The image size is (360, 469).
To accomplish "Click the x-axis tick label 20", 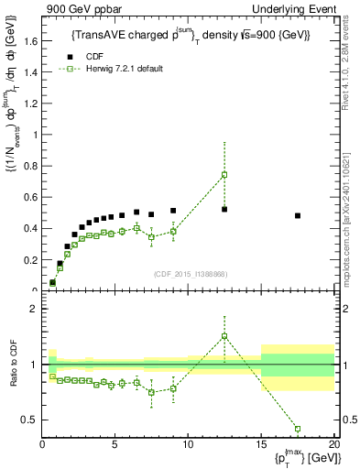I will click(333, 444).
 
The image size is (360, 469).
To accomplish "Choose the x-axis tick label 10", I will click(188, 444).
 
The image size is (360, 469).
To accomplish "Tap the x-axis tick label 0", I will click(43, 444).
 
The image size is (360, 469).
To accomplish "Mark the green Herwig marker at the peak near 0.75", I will click(224, 174).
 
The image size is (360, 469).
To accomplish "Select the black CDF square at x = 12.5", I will click(224, 209).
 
